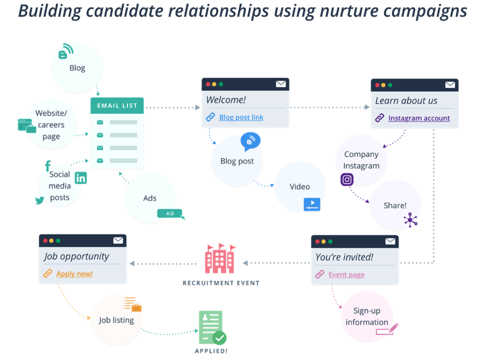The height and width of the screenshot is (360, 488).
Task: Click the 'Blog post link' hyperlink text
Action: (x=241, y=117)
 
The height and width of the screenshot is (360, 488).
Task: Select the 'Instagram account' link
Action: (x=419, y=118)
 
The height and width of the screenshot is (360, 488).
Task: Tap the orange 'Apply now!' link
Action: (x=75, y=274)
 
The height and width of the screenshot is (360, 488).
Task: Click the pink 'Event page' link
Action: (x=346, y=275)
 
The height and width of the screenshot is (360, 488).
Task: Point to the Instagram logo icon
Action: (x=347, y=180)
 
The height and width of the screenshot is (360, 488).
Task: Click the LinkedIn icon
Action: (x=81, y=178)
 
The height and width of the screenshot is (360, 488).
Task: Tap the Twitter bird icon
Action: (x=40, y=200)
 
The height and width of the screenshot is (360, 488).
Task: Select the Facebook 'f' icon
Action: (x=48, y=166)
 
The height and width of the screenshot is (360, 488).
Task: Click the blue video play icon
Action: (x=312, y=204)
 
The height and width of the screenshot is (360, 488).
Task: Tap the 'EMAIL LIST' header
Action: (x=117, y=106)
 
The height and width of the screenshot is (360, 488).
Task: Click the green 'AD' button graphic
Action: (x=170, y=213)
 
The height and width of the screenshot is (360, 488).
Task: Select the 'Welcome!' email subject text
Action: (x=226, y=100)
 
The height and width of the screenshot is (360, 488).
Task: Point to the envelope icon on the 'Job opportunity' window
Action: (x=118, y=241)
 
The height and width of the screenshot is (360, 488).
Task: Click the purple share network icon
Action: (x=410, y=220)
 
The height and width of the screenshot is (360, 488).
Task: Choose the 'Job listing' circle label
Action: (x=117, y=320)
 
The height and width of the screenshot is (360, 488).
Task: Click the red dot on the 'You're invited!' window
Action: (x=317, y=242)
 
